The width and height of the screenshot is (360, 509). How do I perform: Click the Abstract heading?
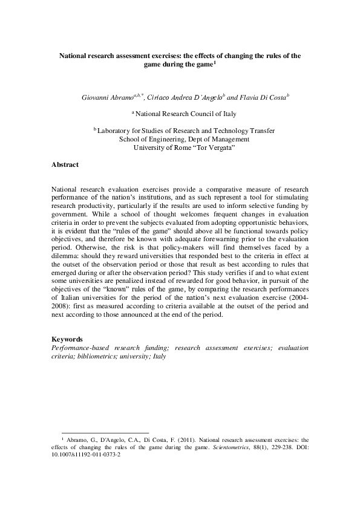point(65,164)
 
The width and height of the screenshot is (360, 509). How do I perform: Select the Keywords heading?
point(67,340)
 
